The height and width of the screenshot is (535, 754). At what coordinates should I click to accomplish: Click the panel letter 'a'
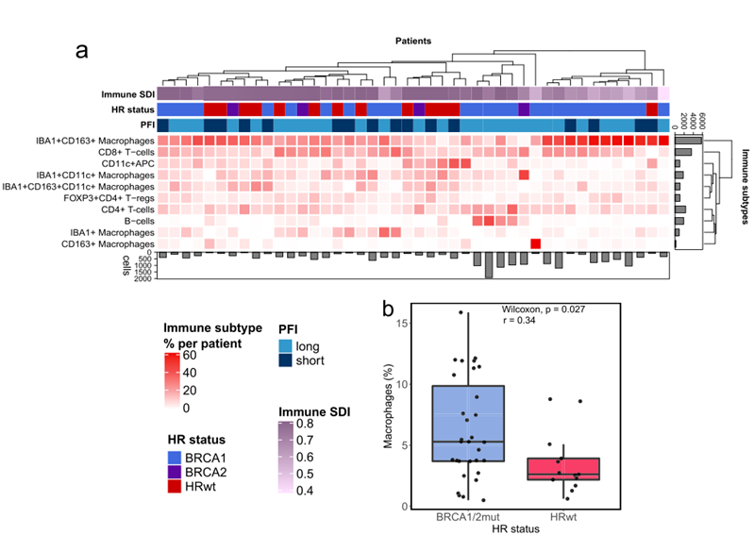pos(82,51)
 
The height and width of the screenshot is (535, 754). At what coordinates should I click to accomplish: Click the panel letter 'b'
pos(387,309)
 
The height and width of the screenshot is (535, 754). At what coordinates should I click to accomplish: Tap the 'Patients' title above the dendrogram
pos(413,42)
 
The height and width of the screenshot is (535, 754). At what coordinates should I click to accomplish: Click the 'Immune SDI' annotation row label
pos(128,95)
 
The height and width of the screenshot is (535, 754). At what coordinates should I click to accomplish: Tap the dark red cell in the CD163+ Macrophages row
pos(535,243)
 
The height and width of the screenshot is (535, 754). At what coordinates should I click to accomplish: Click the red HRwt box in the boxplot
pos(566,469)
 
